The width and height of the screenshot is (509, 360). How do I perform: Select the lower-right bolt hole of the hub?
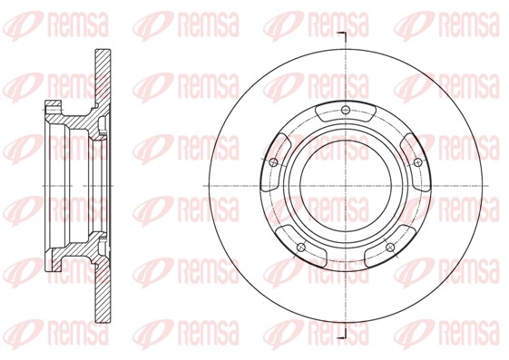pyautogui.click(x=389, y=246)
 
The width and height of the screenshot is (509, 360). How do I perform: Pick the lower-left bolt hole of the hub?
pyautogui.click(x=301, y=246)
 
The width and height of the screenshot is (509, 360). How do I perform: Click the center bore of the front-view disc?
pyautogui.click(x=345, y=186)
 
